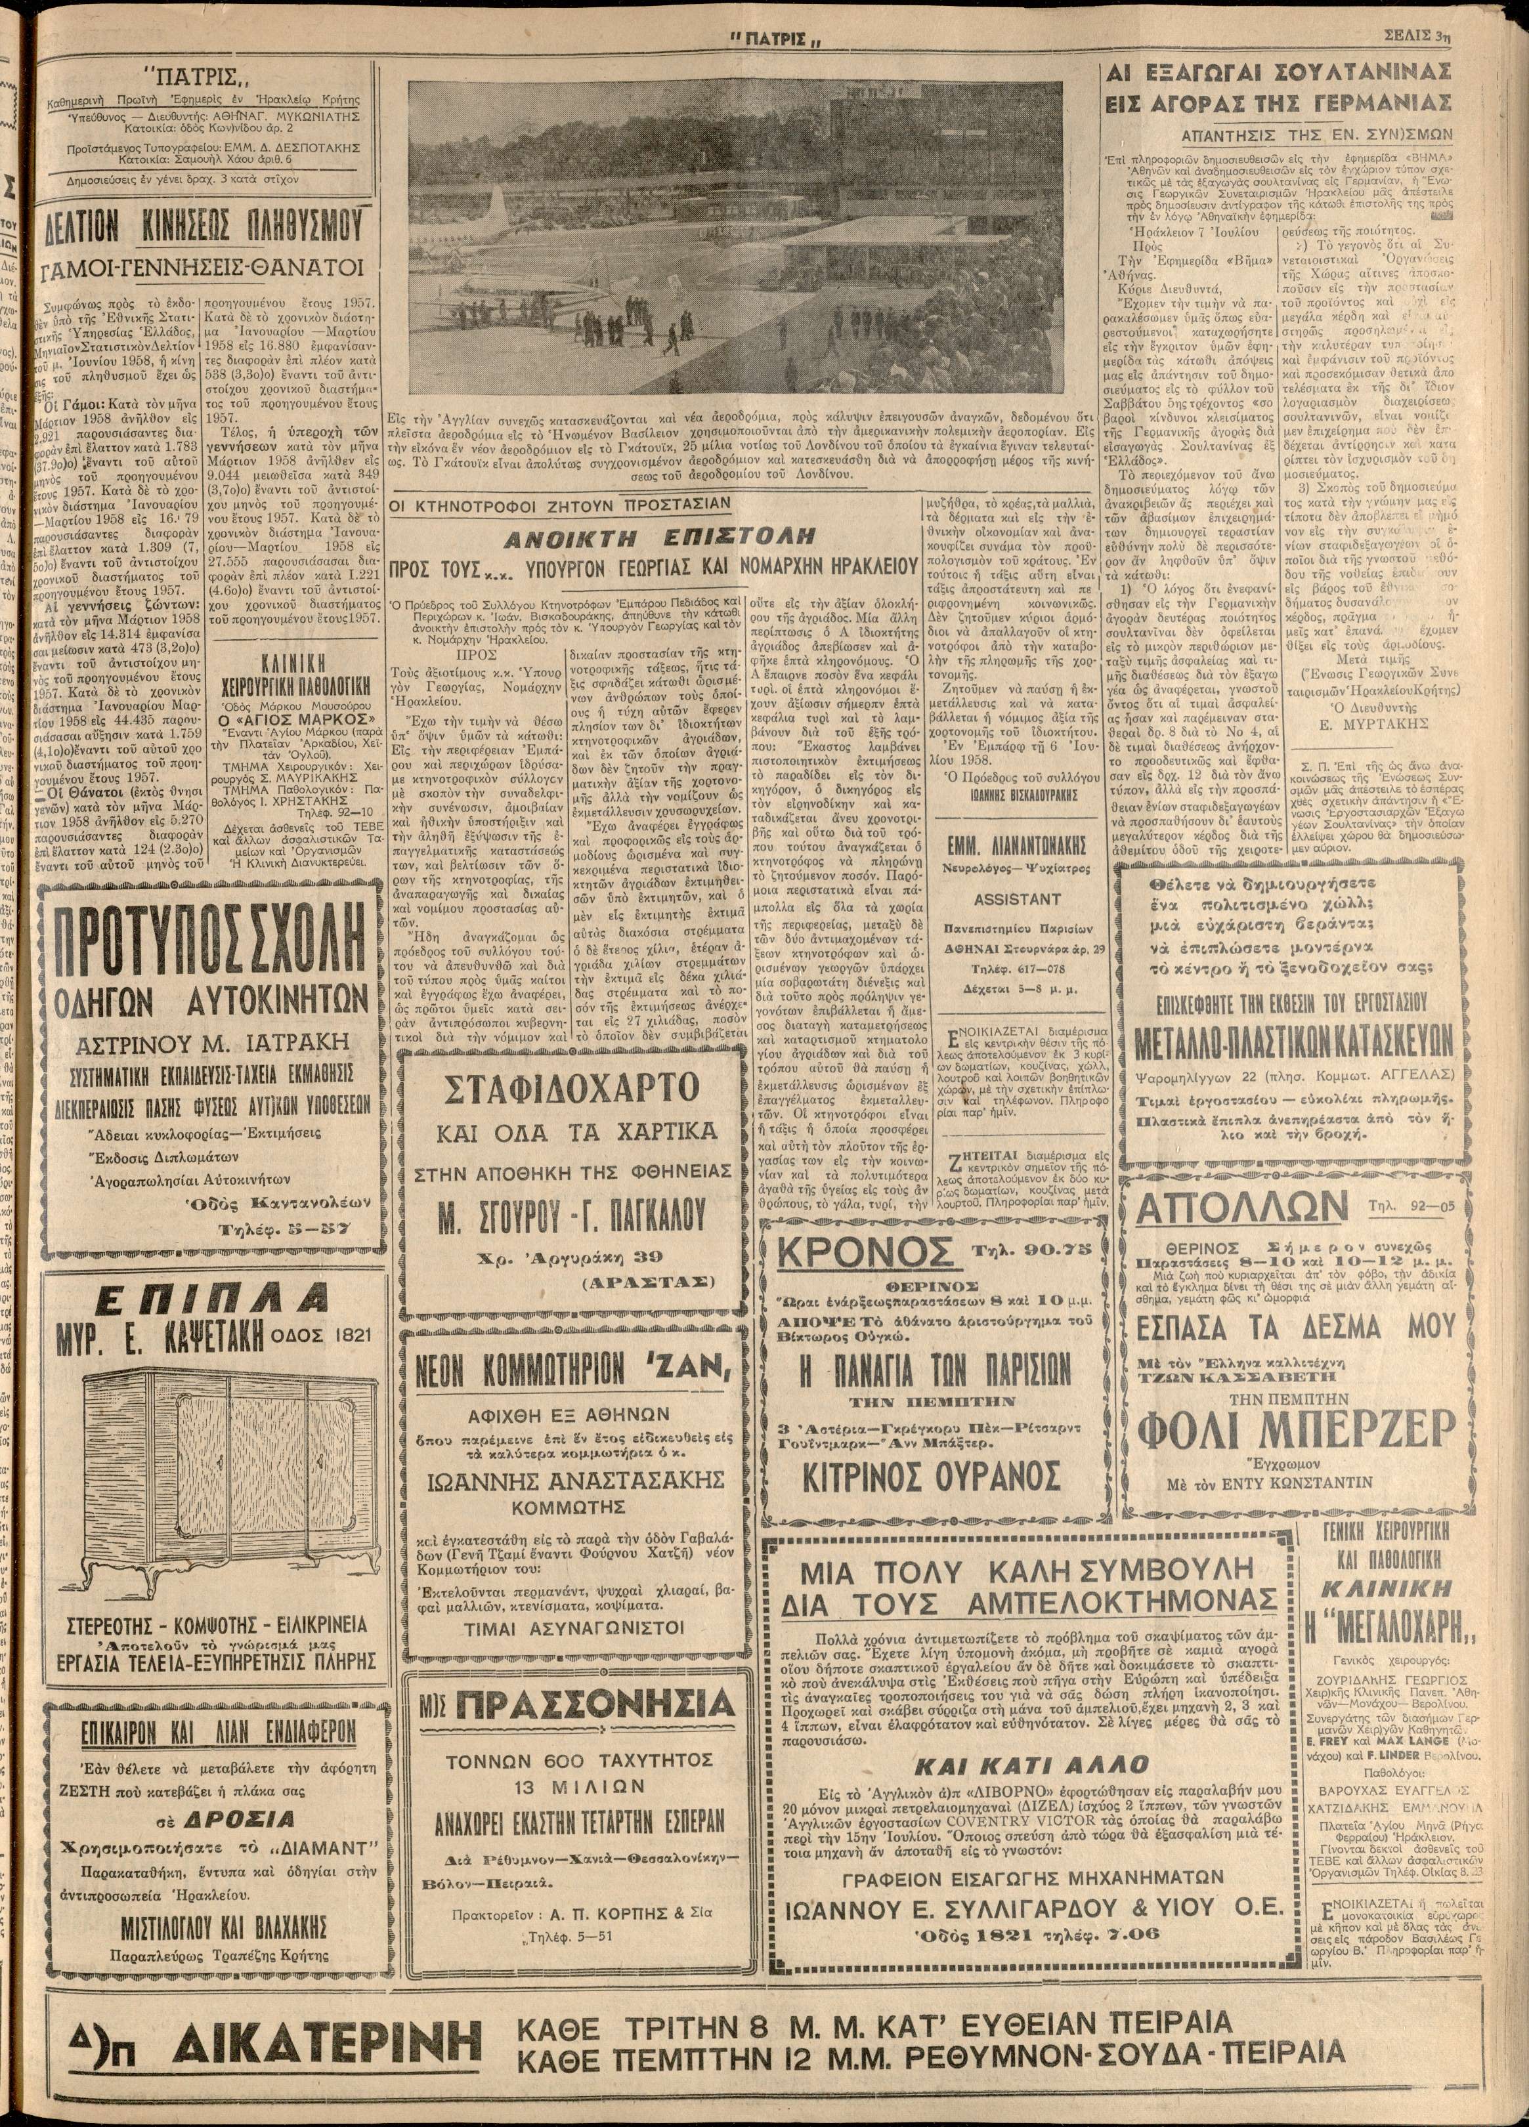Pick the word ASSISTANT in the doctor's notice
click(x=1017, y=898)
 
